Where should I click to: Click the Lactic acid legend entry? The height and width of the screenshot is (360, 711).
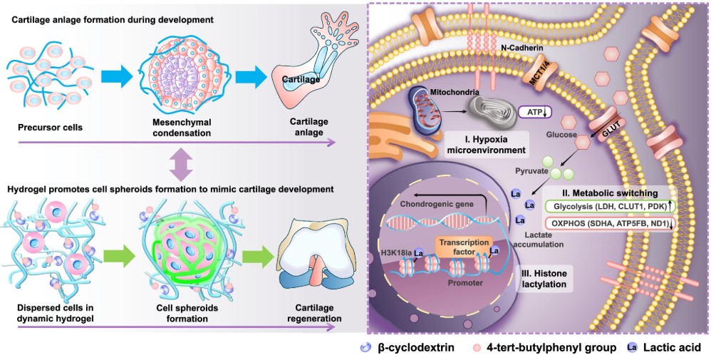coord(658,348)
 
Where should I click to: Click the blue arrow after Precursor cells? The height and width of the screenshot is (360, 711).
coord(118,73)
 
